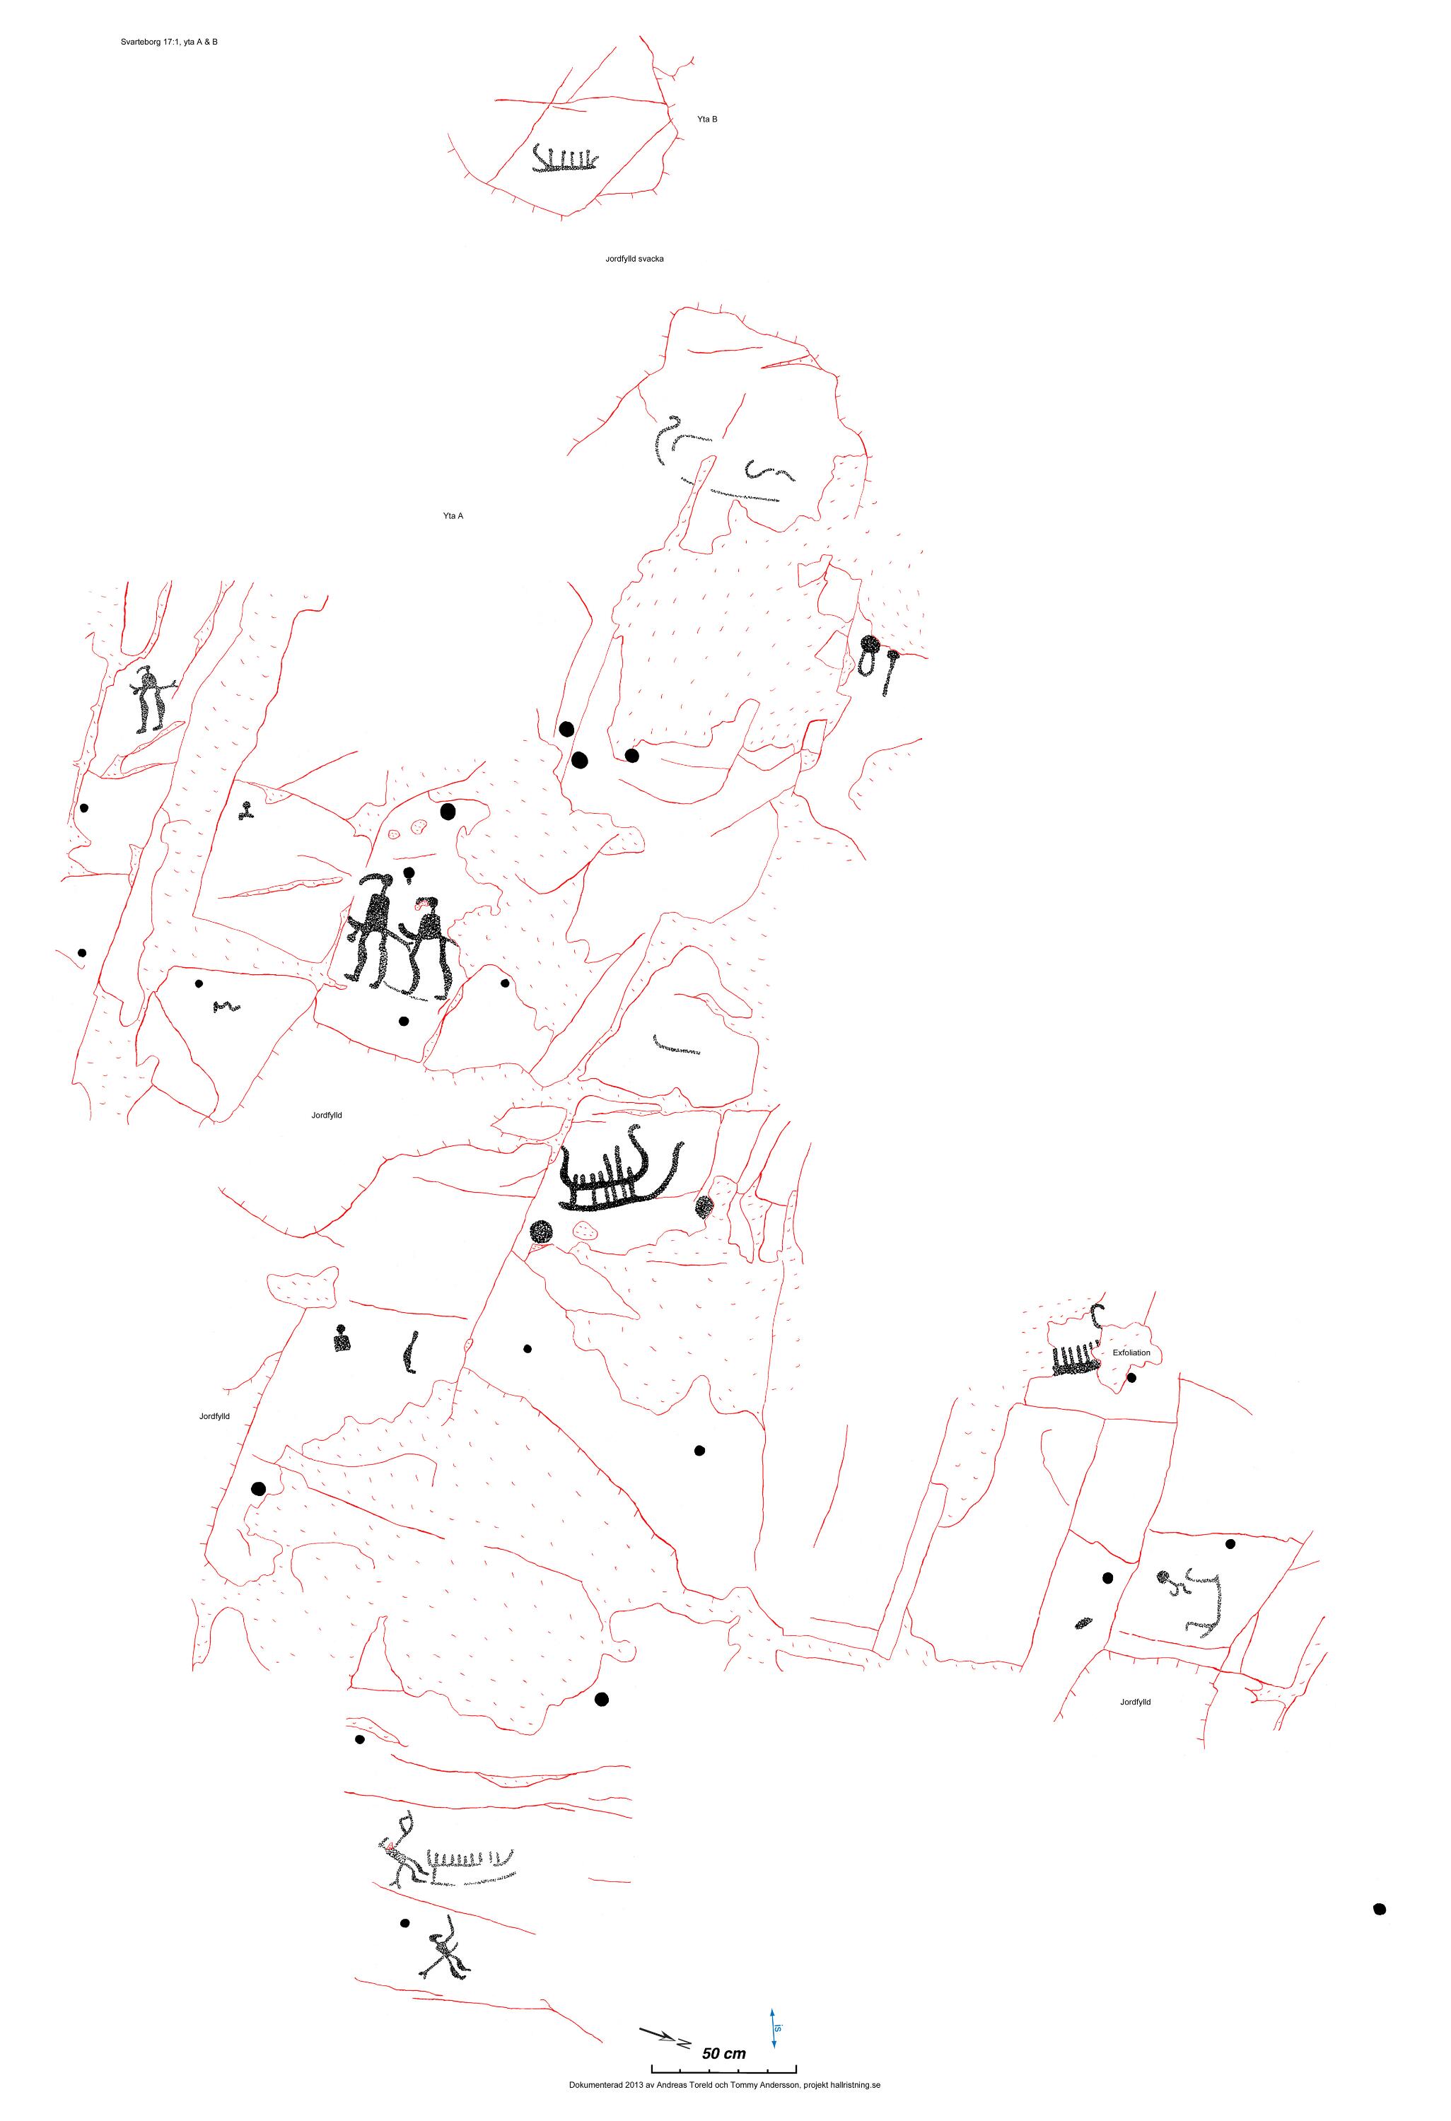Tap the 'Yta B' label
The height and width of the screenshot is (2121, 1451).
tap(707, 119)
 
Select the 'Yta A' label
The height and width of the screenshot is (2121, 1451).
tap(453, 515)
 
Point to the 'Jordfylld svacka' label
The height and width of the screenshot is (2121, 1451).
tap(634, 259)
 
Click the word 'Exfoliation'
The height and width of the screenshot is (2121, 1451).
tap(1131, 1352)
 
